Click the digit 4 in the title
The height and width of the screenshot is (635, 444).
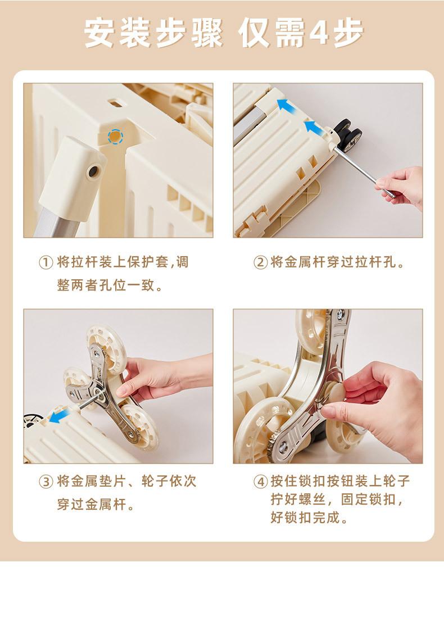[x=319, y=33]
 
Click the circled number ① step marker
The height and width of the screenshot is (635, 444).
[x=46, y=262]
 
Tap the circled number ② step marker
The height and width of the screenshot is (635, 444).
[x=260, y=262]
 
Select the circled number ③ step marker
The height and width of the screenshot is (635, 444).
[x=46, y=482]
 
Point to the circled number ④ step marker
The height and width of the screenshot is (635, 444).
[x=260, y=482]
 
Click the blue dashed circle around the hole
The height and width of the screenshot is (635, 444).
[x=115, y=137]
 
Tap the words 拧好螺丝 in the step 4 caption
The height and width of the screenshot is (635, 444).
[x=298, y=500]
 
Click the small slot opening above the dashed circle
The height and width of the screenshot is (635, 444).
[x=115, y=103]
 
